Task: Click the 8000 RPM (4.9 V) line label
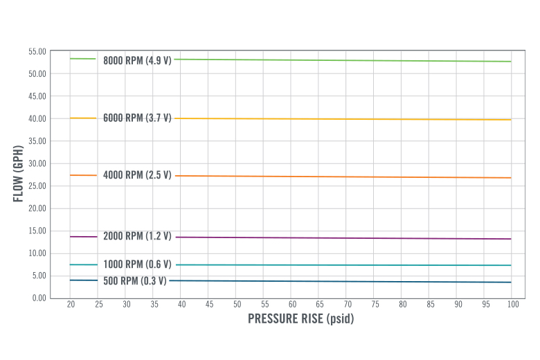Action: click(x=137, y=60)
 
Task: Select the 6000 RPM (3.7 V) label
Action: click(x=137, y=118)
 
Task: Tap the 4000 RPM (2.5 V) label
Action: click(x=137, y=175)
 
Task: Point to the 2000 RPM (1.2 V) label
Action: click(x=137, y=236)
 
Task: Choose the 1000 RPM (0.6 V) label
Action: click(x=137, y=264)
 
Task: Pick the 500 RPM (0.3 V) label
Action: click(x=135, y=280)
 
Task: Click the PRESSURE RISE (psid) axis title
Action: click(x=300, y=320)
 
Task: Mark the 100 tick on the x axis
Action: click(x=512, y=304)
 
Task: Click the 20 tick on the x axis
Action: click(x=71, y=304)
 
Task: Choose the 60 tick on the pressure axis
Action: click(x=291, y=304)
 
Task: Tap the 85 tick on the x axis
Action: click(x=429, y=304)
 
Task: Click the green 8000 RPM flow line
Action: click(x=346, y=60)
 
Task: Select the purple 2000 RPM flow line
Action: click(x=346, y=238)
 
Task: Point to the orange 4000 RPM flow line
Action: click(x=346, y=177)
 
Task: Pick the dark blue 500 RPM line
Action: click(x=346, y=281)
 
